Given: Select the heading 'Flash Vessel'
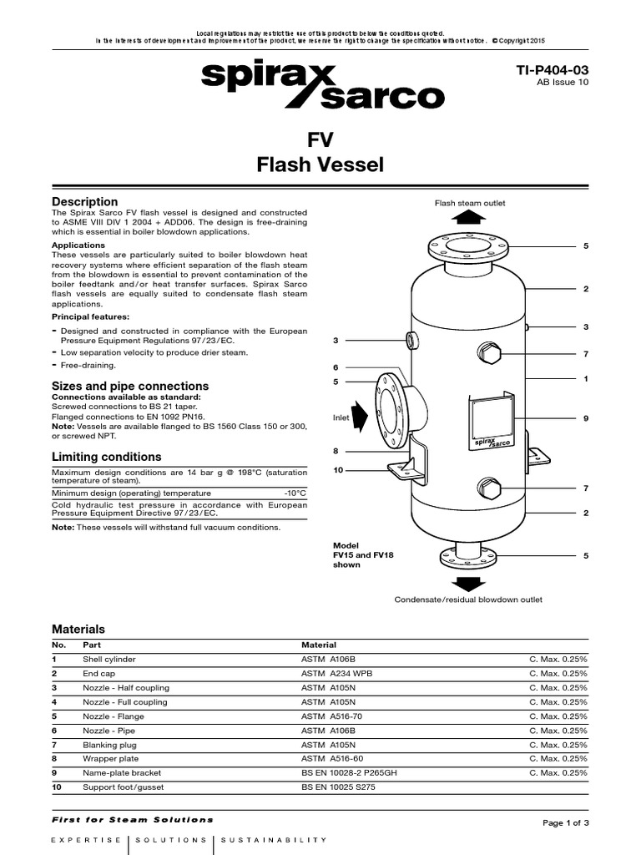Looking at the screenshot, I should point(320,164).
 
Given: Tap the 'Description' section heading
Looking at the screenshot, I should point(85,202).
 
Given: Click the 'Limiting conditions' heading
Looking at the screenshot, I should point(107,457).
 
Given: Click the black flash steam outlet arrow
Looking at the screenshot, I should point(470,218).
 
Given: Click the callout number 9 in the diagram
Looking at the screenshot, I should point(586,417).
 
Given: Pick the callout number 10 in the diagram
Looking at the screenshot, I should point(338,470).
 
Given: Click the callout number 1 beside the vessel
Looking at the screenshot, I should point(586,379).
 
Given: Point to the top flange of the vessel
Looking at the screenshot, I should point(469,246).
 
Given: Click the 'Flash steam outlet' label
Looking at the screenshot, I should point(470,203).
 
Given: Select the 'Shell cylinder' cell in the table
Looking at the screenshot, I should point(109,659).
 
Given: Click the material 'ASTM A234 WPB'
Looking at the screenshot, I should point(336,673).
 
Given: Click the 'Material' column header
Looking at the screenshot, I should point(318,645).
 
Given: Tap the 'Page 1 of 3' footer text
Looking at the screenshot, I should point(566,822).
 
